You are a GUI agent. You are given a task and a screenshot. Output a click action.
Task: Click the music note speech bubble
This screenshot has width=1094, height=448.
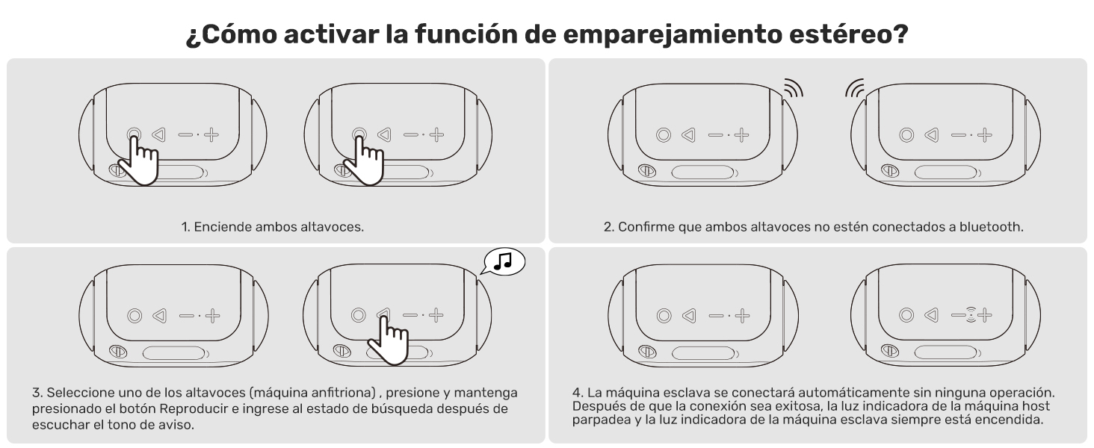click(504, 261)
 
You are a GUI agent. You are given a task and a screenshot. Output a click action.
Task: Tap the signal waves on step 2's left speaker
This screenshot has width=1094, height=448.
click(793, 88)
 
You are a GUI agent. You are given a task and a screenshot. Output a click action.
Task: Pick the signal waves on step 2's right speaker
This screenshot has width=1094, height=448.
click(855, 88)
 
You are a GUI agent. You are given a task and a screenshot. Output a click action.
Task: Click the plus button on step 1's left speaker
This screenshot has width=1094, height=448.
click(211, 134)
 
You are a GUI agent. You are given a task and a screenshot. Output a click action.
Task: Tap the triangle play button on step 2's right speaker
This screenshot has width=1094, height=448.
click(932, 134)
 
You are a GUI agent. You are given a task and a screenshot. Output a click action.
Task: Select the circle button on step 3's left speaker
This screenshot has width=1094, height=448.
click(135, 316)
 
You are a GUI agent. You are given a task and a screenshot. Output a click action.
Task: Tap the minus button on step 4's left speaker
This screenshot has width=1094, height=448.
click(716, 316)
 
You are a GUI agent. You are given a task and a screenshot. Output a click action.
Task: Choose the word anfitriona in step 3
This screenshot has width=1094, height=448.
click(343, 392)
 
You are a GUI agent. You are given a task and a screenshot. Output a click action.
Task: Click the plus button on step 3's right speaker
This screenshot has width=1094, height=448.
click(436, 315)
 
